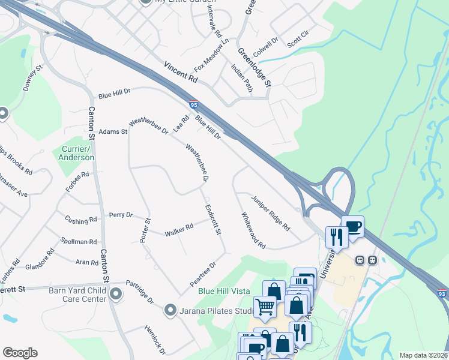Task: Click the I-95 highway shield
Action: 193,104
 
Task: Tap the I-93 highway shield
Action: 441,293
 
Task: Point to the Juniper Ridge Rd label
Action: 271,214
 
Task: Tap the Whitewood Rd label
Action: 253,230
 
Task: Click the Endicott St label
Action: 214,220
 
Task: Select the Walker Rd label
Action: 179,229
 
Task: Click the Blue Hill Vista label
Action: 224,291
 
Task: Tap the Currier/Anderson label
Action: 76,153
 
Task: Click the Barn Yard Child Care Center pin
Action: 116,294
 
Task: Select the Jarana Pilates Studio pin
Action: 170,310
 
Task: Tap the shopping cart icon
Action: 265,307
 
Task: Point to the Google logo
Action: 20,353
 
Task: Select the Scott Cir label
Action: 298,40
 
